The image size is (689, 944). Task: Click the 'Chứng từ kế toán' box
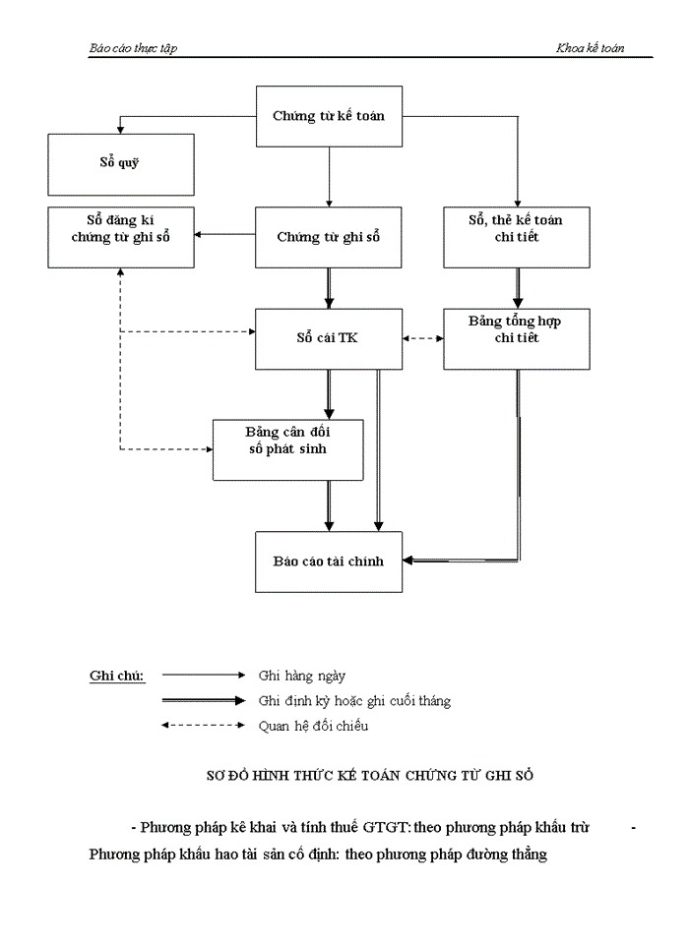329,116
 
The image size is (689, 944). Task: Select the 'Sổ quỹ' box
120,163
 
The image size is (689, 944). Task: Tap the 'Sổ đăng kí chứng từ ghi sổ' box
120,237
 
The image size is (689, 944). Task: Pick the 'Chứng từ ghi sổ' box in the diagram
329,237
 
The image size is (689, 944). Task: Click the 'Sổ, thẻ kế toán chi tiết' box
517,237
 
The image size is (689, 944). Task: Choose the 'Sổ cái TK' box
329,338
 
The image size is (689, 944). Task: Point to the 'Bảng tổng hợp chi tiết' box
517,338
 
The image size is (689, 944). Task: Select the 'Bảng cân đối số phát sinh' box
288,449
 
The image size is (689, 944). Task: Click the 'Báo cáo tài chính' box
329,561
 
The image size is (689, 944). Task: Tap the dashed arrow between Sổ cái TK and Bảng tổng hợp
423,338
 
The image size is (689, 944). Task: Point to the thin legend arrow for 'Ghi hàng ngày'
203,675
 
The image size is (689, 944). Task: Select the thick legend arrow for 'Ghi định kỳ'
203,700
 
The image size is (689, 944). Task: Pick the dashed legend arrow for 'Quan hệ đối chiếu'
203,726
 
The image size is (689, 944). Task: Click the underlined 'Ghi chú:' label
117,676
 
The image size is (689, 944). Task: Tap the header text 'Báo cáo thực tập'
133,48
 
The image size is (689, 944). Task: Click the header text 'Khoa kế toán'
591,48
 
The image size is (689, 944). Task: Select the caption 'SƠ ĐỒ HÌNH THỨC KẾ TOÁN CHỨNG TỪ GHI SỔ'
368,775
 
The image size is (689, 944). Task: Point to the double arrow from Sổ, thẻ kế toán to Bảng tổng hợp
517,287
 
